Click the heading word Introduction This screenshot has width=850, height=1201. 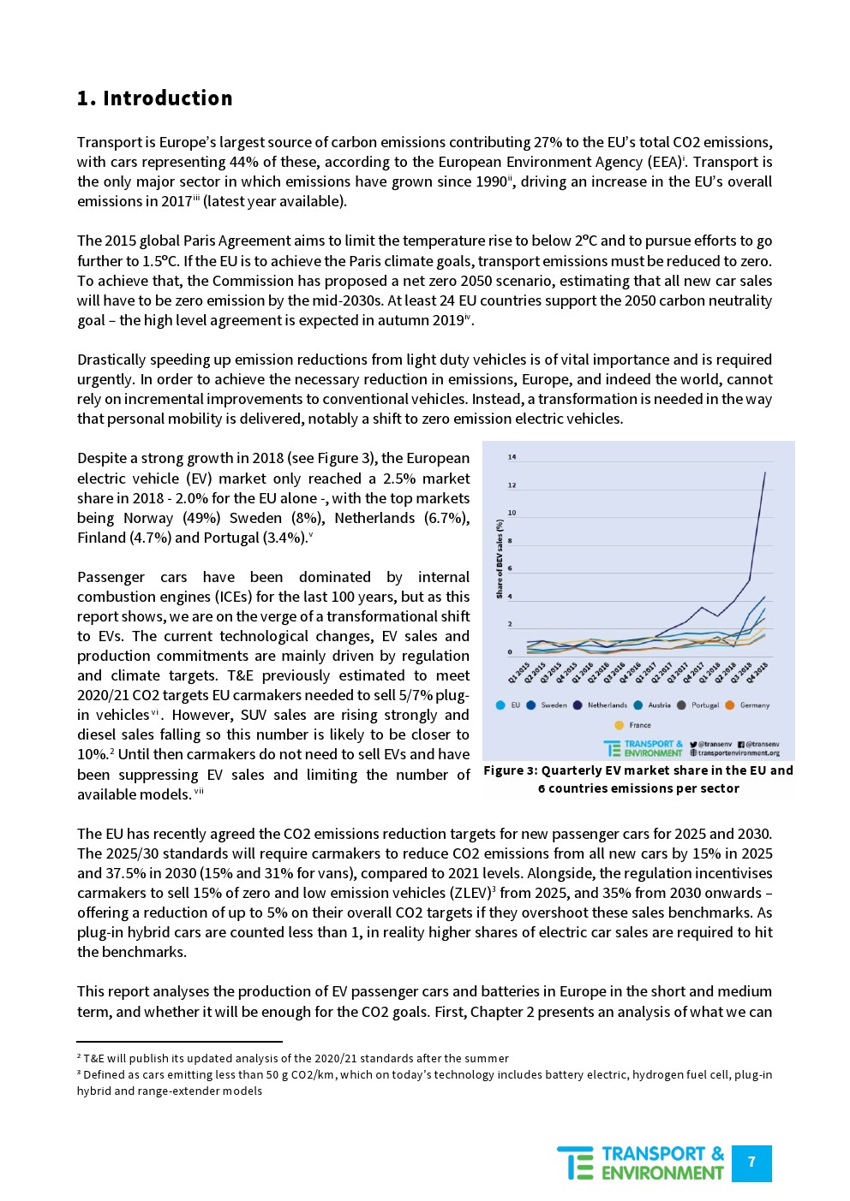(x=167, y=98)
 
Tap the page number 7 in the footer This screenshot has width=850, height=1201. (x=751, y=1162)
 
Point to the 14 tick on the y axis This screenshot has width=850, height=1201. (x=512, y=457)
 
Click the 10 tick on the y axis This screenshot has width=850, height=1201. (x=512, y=513)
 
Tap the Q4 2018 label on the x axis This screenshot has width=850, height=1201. (x=757, y=672)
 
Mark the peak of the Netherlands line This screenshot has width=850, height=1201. (x=764, y=472)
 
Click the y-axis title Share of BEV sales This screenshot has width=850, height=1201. (x=499, y=558)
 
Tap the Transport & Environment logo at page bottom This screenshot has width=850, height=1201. (x=641, y=1163)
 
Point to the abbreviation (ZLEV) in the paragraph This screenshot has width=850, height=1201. (x=463, y=893)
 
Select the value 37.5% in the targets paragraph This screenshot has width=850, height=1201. (x=126, y=873)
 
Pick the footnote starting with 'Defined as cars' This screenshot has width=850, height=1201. (x=424, y=1082)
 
